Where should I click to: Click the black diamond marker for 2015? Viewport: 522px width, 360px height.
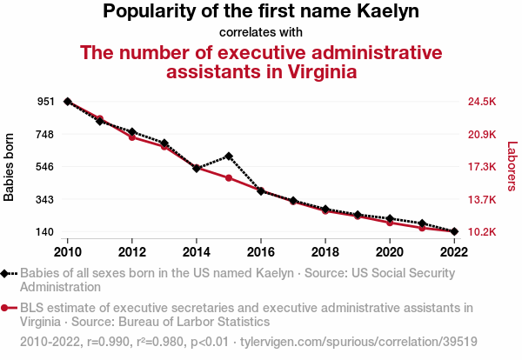coord(229,156)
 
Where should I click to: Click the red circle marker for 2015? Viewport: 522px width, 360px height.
coord(229,177)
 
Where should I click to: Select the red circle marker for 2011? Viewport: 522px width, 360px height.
coord(100,118)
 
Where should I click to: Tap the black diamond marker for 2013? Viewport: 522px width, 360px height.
coord(164,143)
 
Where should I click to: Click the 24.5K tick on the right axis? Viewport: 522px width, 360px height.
coord(482,102)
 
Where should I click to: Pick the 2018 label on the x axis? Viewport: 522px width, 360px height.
coord(325,251)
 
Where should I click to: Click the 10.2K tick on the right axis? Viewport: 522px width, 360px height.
coord(482,232)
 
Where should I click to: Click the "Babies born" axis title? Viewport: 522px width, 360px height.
coord(10,167)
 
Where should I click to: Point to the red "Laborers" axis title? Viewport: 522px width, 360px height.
coord(512,167)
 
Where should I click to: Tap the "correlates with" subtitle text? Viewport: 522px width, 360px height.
coord(260,33)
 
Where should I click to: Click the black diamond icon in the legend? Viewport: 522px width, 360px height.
coord(6,273)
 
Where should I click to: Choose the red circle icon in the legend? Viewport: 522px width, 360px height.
coord(6,308)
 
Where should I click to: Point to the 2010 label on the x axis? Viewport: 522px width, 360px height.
coord(68,251)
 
